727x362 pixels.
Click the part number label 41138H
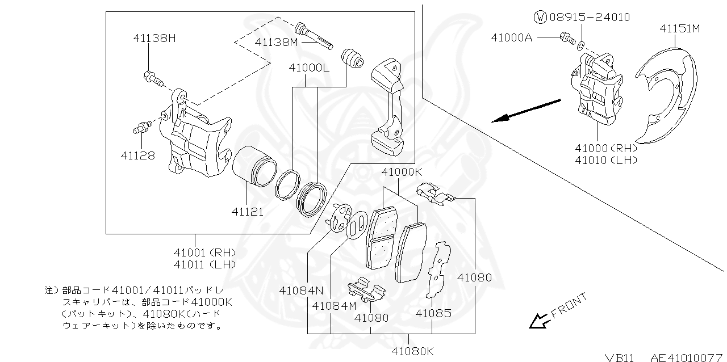click(154, 39)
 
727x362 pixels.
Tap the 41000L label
click(308, 68)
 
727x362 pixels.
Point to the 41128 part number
click(137, 155)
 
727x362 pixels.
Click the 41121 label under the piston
click(247, 212)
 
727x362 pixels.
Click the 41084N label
click(300, 291)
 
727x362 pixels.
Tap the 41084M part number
click(334, 306)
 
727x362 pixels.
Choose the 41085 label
click(433, 313)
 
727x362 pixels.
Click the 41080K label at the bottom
click(412, 351)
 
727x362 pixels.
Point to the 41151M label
click(679, 28)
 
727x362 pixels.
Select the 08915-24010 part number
click(590, 17)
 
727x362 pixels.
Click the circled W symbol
click(540, 17)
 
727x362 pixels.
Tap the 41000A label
click(512, 37)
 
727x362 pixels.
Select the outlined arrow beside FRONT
click(537, 321)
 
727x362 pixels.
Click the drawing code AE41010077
click(687, 357)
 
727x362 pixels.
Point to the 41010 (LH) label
click(605, 160)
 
